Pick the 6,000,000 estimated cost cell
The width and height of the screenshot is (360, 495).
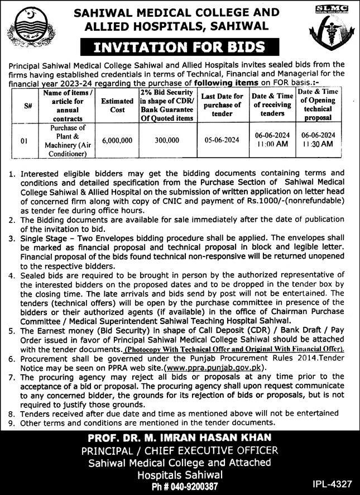click(x=117, y=142)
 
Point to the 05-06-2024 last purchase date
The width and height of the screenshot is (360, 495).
click(x=223, y=142)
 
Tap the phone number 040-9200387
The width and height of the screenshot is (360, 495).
click(x=191, y=485)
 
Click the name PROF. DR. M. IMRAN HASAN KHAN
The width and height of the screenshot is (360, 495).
click(x=180, y=437)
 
